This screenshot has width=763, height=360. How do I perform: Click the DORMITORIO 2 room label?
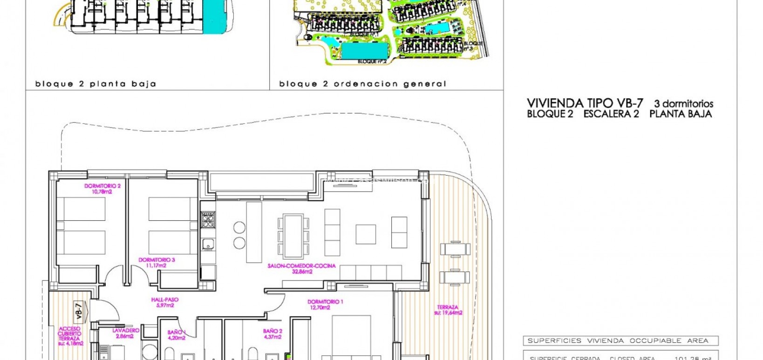tap(102, 189)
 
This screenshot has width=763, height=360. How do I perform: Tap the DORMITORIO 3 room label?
tap(157, 263)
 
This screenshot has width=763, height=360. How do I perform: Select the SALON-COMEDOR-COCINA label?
tap(301, 269)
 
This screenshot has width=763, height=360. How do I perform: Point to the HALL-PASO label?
tap(164, 303)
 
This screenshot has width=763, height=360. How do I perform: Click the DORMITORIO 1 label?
tap(326, 305)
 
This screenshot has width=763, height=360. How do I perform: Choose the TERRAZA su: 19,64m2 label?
tap(448, 310)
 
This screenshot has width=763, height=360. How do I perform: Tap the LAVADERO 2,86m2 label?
tap(125, 333)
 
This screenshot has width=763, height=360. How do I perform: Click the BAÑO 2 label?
tap(272, 334)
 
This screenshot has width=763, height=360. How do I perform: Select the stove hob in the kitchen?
tap(208, 219)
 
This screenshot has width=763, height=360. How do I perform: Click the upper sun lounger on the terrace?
tap(455, 249)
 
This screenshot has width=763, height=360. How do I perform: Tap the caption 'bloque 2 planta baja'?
tap(95, 84)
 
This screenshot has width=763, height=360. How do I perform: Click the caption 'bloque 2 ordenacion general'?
tap(362, 84)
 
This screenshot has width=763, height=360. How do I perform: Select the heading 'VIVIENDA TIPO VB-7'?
tap(585, 103)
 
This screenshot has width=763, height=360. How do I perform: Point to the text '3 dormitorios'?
tap(683, 104)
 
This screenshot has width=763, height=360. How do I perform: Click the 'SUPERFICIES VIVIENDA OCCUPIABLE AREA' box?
tap(620, 340)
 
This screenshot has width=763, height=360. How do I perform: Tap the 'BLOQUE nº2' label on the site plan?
tap(372, 61)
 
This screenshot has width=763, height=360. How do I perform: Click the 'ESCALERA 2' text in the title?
tap(611, 114)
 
